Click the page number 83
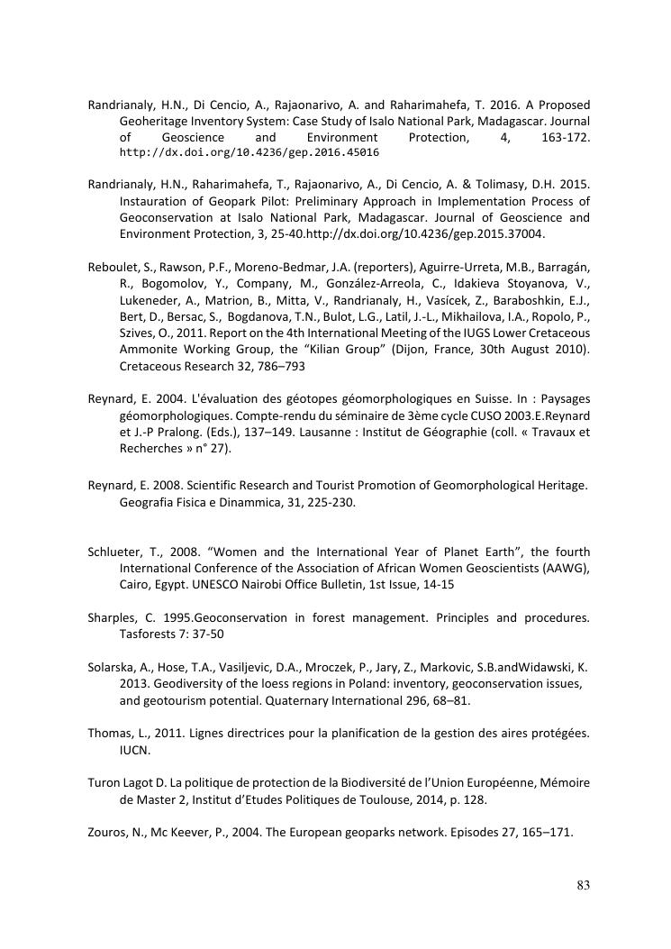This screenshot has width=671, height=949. tap(583, 885)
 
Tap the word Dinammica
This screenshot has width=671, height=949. tap(225, 502)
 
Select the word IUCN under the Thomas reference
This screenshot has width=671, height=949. tap(134, 749)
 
